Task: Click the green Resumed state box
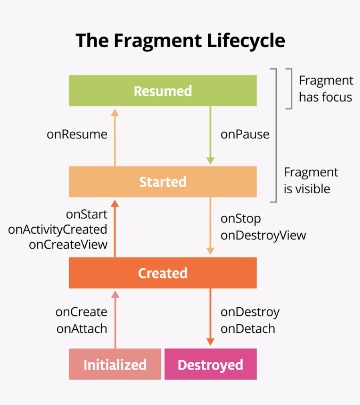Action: (163, 91)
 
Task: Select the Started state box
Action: (163, 182)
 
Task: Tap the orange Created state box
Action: (163, 273)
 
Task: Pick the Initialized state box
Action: (115, 364)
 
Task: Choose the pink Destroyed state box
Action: (210, 364)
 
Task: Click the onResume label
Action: (77, 134)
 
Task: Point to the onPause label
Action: (245, 134)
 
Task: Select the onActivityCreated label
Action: (58, 230)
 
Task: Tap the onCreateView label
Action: (68, 245)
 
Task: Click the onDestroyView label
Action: (263, 235)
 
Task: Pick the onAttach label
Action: (82, 329)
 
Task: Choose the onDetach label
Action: (248, 329)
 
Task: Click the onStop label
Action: (241, 219)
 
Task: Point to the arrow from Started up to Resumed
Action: (115, 138)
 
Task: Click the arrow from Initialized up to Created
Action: (115, 320)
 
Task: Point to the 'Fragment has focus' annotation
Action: (326, 89)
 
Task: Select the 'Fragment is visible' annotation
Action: (311, 180)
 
